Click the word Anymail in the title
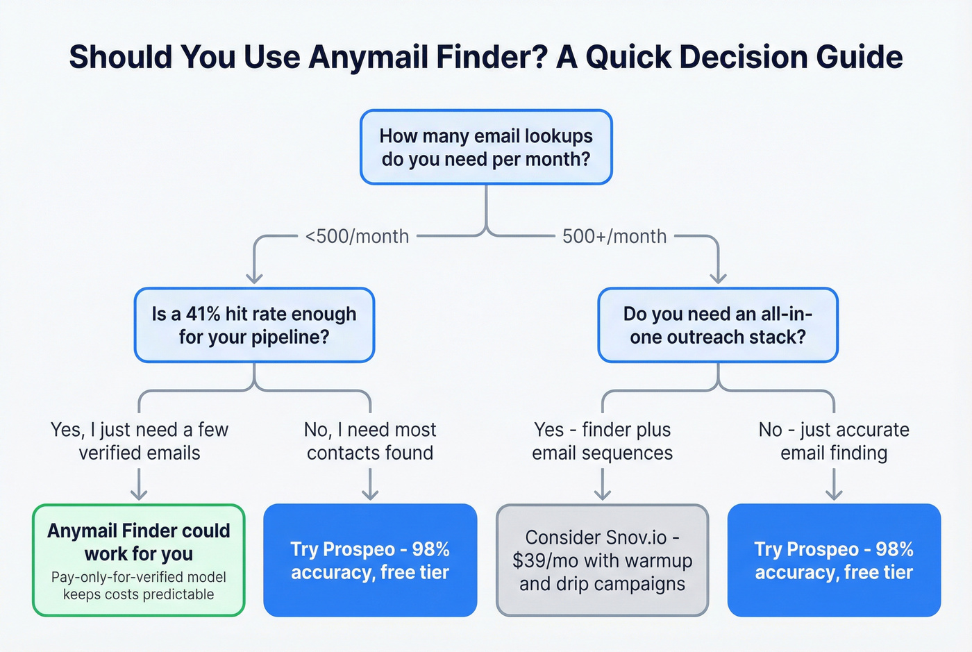(360, 57)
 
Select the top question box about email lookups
(486, 147)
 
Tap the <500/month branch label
(357, 236)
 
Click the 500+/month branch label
(614, 236)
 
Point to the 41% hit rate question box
(254, 325)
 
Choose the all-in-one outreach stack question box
(718, 325)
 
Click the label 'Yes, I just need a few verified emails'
(140, 441)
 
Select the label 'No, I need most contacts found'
(370, 441)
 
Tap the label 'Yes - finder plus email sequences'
(603, 441)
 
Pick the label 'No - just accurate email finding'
(834, 441)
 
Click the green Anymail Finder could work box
(139, 560)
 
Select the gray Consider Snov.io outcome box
(603, 560)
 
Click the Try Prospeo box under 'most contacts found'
(370, 560)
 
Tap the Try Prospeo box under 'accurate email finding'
(834, 560)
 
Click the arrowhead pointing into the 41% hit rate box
(254, 278)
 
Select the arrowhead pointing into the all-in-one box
(718, 278)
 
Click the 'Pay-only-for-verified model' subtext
(139, 577)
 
